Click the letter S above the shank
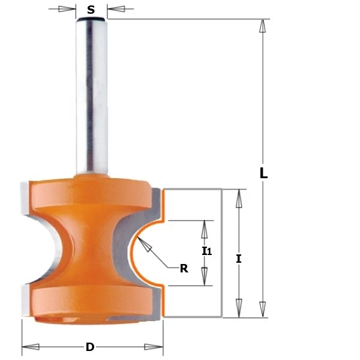pyautogui.click(x=91, y=10)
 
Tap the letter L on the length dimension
pyautogui.click(x=263, y=173)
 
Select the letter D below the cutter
pyautogui.click(x=90, y=347)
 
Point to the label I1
pyautogui.click(x=206, y=251)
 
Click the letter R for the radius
pyautogui.click(x=184, y=268)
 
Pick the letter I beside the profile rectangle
pyautogui.click(x=239, y=259)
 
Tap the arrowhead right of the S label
pyautogui.click(x=116, y=9)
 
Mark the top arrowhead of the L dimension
pyautogui.click(x=262, y=26)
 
